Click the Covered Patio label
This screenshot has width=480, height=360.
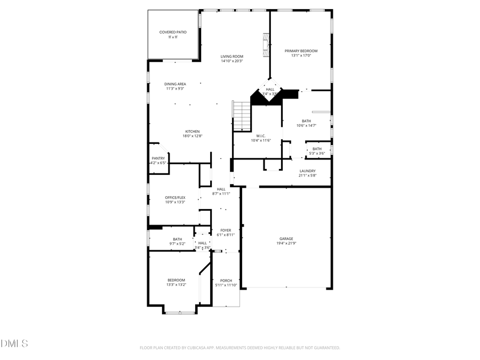[x=173, y=32]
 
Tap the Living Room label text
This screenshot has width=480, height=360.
[x=232, y=57]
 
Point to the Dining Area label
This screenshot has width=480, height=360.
[x=175, y=84]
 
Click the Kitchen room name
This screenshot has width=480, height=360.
[x=192, y=131]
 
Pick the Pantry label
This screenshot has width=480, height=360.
[x=158, y=158]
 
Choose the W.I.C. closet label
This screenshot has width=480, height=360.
[x=261, y=135]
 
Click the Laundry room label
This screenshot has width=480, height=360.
[x=307, y=171]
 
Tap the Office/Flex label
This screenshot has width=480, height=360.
[x=175, y=197]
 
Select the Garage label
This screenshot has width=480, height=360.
[x=286, y=238]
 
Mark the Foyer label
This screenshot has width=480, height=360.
[x=226, y=230]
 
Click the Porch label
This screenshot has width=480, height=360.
[x=226, y=281]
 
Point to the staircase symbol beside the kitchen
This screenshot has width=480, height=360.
[x=242, y=116]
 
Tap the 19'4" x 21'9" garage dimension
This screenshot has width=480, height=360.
[x=286, y=243]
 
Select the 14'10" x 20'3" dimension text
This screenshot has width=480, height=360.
[x=232, y=61]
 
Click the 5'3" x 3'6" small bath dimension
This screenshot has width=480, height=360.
[x=317, y=154]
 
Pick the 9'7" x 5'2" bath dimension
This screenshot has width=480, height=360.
[x=177, y=243]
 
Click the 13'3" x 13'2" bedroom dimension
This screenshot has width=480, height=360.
[x=176, y=285]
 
